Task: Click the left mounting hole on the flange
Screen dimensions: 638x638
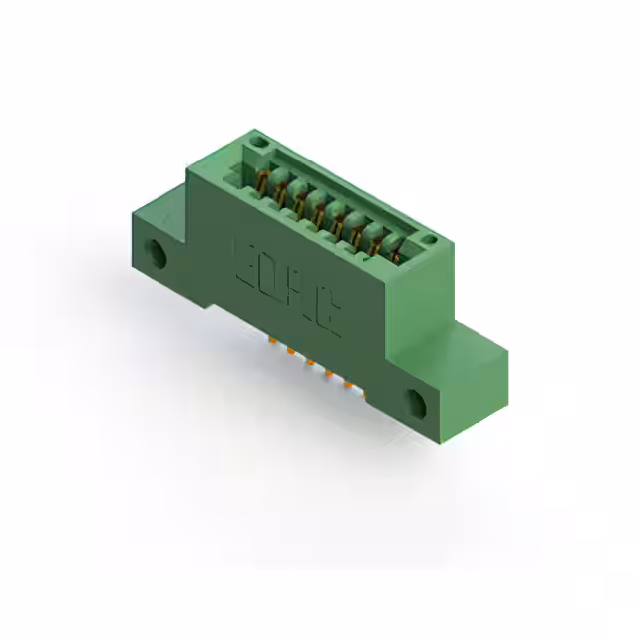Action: tap(158, 253)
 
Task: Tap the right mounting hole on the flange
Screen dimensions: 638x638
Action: tap(415, 402)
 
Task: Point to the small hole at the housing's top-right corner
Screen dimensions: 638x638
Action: tap(427, 240)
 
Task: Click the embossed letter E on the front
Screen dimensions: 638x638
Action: tap(245, 263)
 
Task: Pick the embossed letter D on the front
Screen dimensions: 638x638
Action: tap(270, 280)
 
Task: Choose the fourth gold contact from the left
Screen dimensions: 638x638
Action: tap(318, 211)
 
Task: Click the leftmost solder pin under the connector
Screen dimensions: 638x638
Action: tap(270, 342)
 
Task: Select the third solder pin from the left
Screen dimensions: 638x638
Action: tap(309, 362)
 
